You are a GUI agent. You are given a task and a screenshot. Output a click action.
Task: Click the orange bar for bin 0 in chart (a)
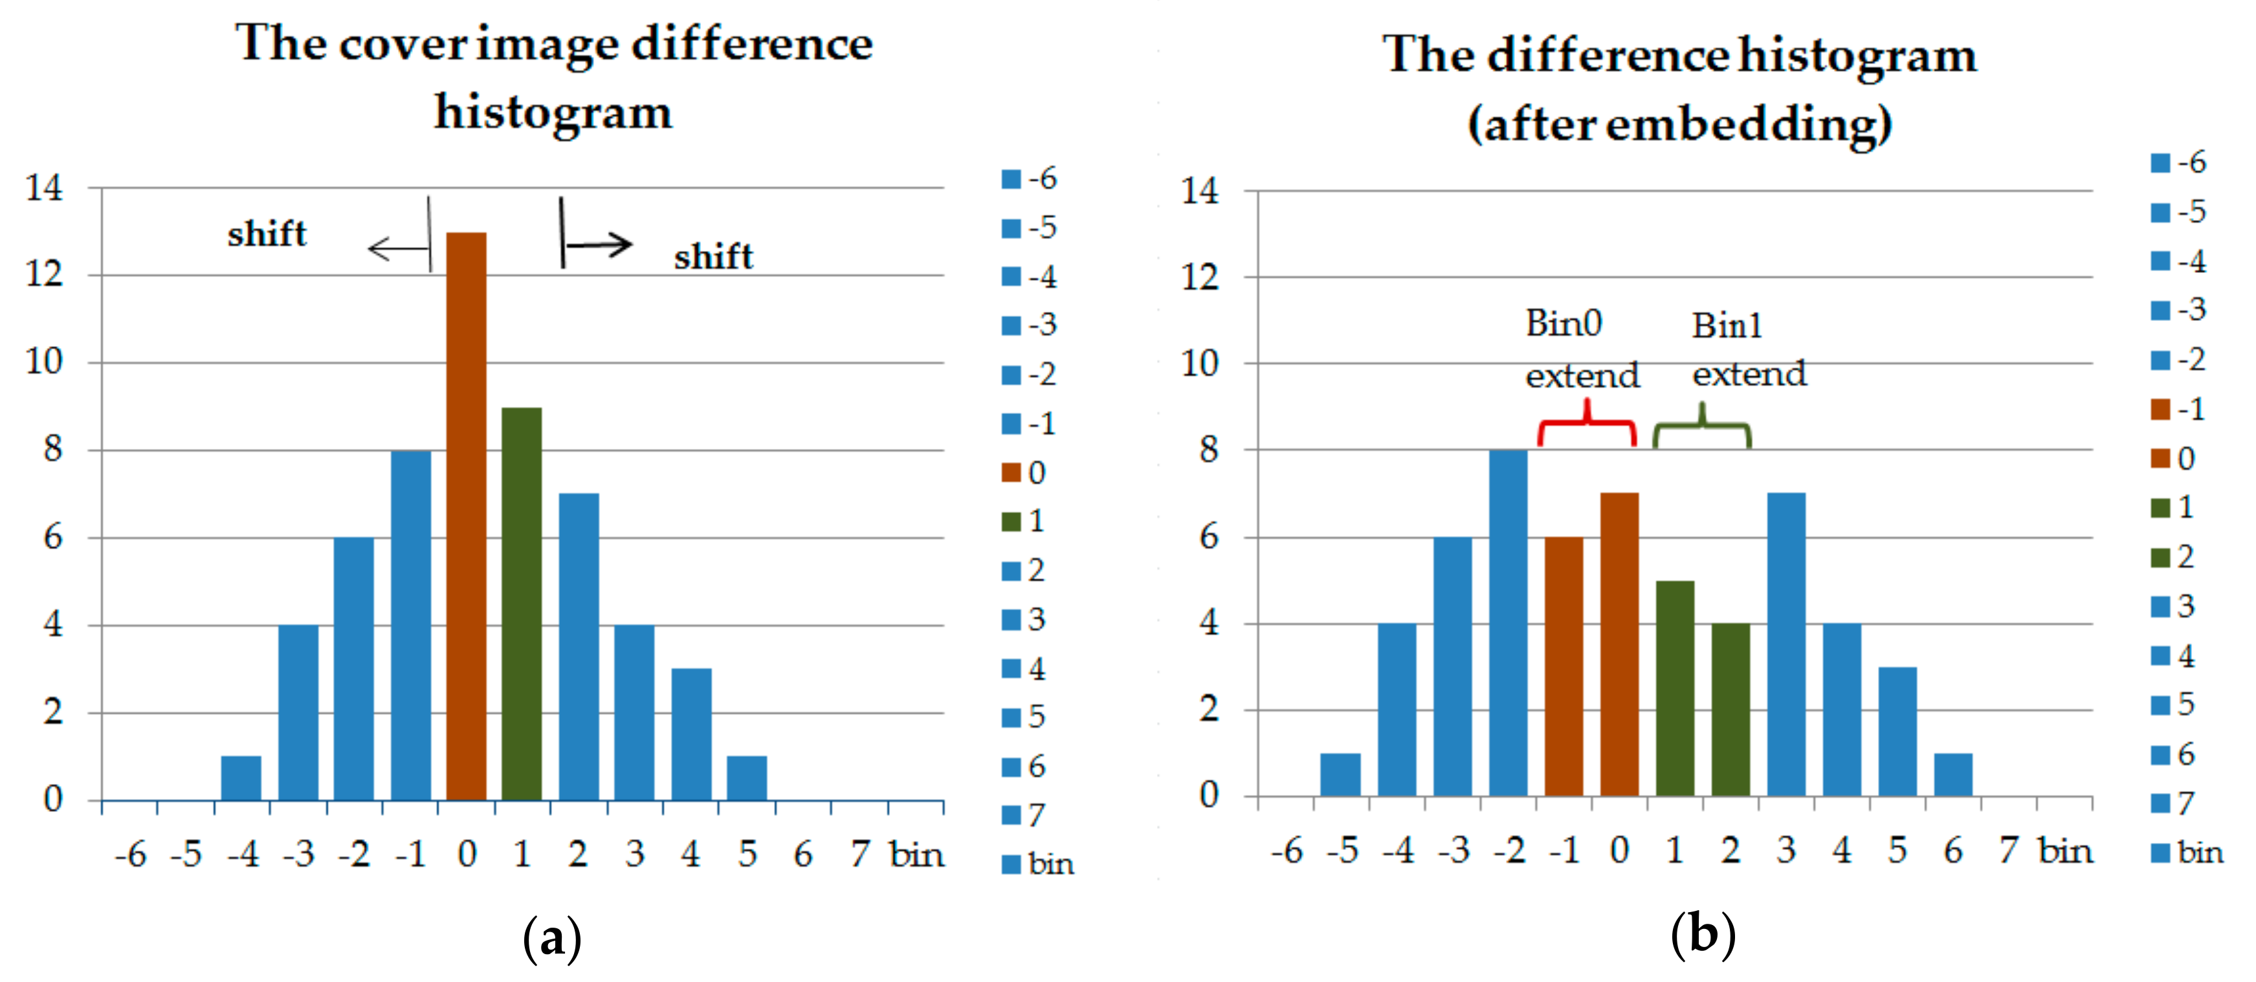466,516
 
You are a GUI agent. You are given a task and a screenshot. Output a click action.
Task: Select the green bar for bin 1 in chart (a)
522,604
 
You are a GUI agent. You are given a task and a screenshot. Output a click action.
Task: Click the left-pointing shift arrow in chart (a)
399,248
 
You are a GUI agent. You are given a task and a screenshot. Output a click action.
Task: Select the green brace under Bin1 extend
1701,427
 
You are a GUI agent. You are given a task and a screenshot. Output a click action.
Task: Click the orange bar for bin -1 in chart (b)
1564,665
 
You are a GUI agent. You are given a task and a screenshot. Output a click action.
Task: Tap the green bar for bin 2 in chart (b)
1731,709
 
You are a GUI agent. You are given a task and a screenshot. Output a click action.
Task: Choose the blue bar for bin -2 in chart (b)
1508,622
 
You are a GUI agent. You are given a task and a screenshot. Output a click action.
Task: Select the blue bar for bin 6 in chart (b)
1953,774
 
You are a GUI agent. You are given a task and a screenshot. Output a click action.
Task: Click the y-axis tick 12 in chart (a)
44,275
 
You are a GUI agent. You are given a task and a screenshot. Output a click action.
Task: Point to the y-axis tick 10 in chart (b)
1200,362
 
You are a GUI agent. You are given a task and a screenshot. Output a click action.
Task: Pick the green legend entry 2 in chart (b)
2173,556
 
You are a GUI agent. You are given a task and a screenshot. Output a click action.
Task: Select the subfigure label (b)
1703,934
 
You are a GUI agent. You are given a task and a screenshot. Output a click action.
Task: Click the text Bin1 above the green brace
1726,325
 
